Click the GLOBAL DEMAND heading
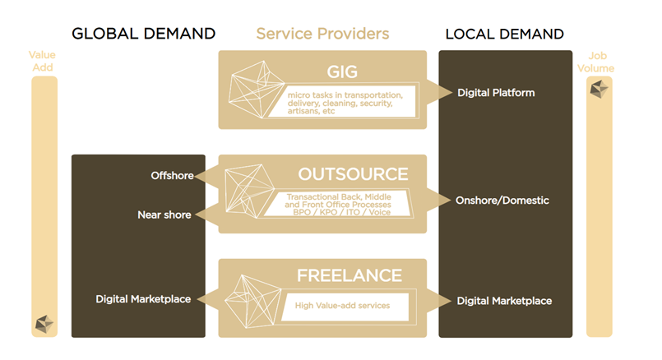(x=143, y=34)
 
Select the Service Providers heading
(x=322, y=34)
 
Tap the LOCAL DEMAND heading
(x=504, y=34)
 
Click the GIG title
(x=341, y=71)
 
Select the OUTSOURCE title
(x=353, y=174)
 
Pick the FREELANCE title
(x=350, y=276)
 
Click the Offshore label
(x=171, y=175)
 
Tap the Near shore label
(x=164, y=215)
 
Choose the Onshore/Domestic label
(x=502, y=200)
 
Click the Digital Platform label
(x=496, y=93)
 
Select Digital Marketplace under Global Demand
(x=143, y=299)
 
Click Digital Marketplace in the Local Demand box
(x=504, y=301)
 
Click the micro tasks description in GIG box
(x=340, y=103)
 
